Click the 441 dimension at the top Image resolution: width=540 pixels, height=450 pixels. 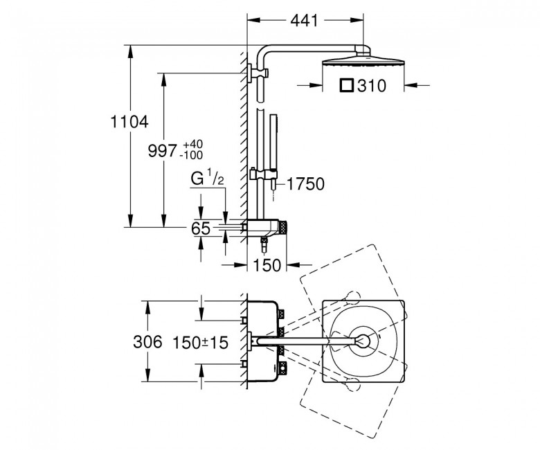(x=305, y=21)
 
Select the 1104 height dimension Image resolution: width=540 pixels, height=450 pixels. (x=129, y=122)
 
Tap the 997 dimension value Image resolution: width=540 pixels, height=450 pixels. (x=163, y=151)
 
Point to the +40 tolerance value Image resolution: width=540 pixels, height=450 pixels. (x=192, y=144)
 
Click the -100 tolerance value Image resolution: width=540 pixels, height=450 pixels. (x=191, y=155)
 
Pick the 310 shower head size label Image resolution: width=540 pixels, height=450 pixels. (x=372, y=86)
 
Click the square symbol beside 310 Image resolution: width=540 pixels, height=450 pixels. (x=347, y=85)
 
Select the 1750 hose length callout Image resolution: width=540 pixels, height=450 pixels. (x=305, y=184)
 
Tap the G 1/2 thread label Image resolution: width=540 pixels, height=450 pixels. (x=207, y=179)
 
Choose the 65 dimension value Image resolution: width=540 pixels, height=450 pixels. (x=201, y=228)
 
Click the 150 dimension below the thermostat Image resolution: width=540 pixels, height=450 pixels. (x=267, y=265)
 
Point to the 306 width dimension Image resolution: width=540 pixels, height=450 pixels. (x=147, y=342)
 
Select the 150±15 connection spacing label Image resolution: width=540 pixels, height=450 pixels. (x=200, y=343)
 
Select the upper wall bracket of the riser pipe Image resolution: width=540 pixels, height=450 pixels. (x=258, y=73)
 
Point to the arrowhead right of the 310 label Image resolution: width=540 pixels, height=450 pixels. (x=411, y=84)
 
